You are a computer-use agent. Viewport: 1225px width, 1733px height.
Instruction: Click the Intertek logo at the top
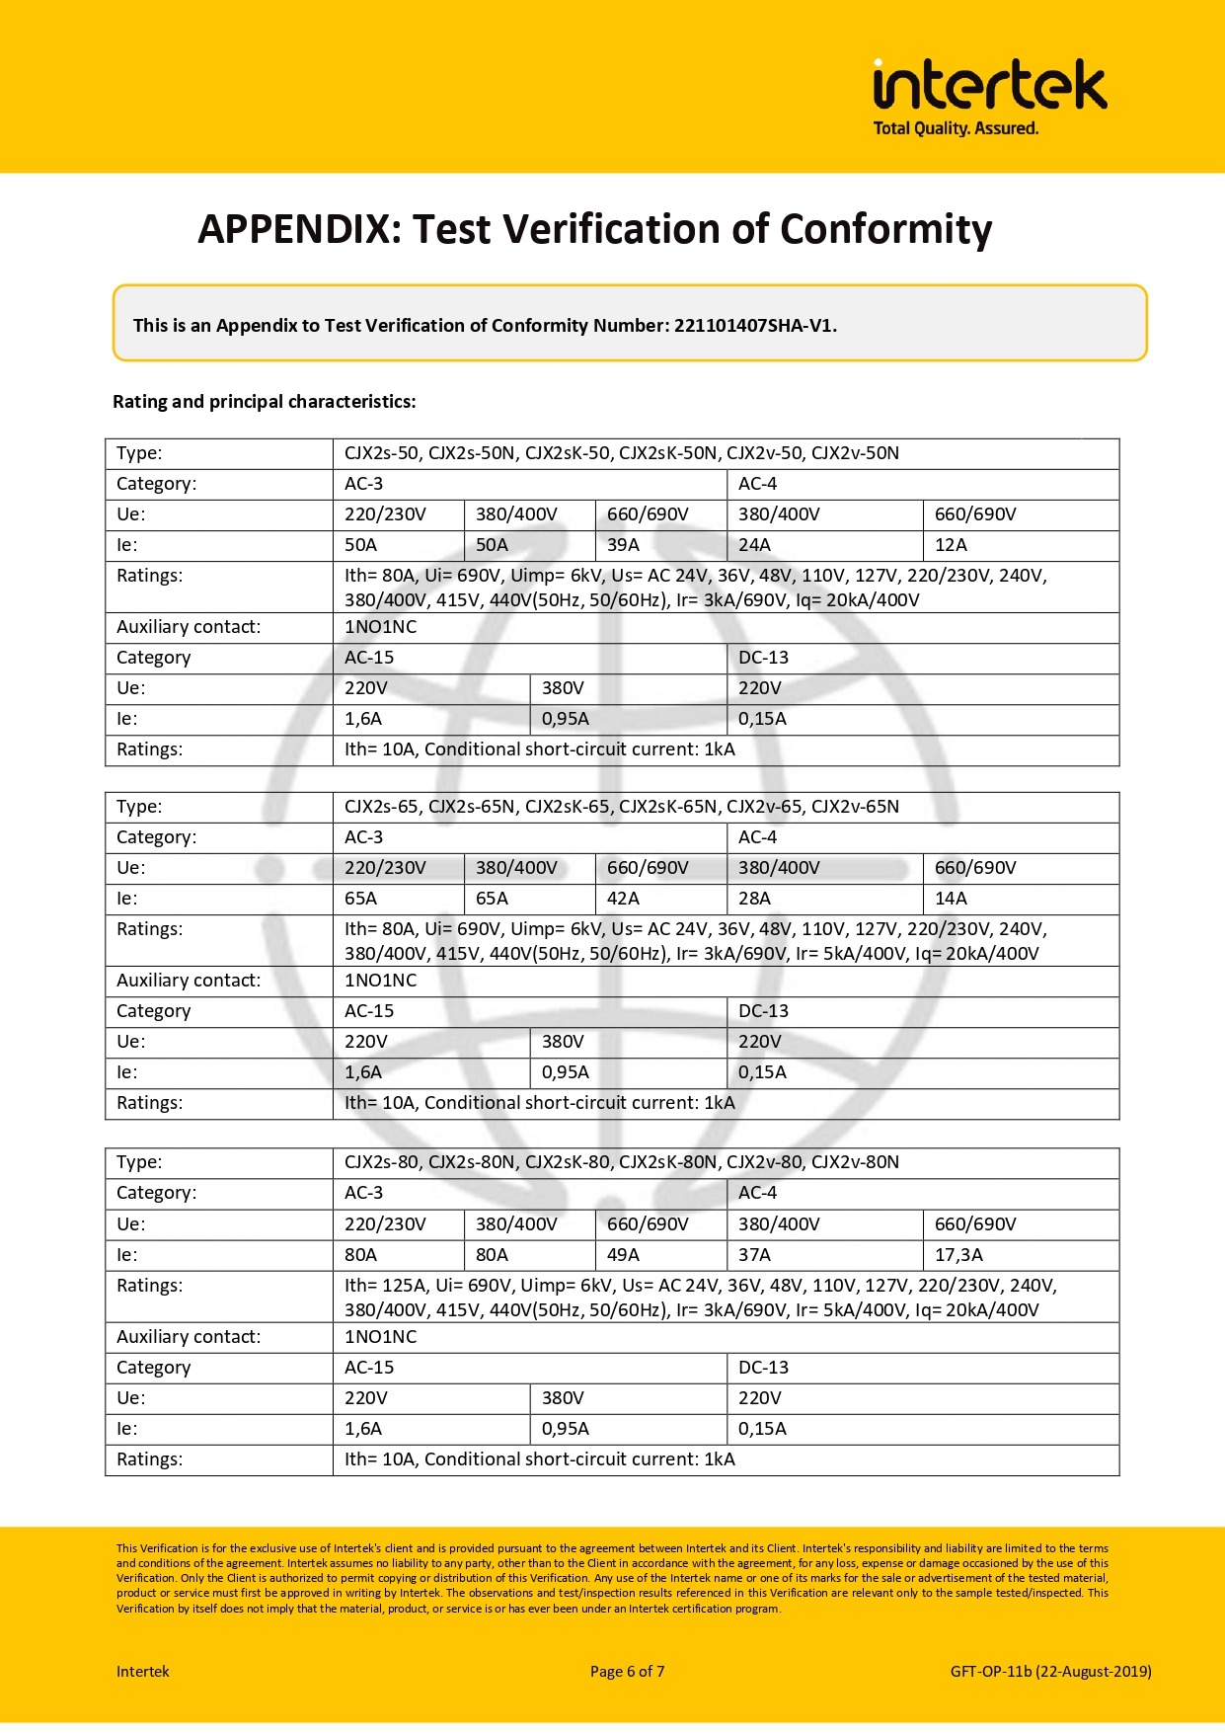[989, 85]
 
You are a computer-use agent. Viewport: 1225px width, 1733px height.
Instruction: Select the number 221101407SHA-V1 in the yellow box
[754, 326]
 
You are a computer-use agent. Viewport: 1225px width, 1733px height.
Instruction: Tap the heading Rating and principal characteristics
[264, 402]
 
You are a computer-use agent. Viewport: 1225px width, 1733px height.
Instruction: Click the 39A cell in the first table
[623, 545]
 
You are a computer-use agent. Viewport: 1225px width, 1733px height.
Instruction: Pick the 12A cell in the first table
[951, 545]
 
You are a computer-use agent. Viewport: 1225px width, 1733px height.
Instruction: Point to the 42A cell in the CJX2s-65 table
[623, 899]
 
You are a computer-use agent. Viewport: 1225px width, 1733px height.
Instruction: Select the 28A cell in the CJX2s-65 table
[754, 899]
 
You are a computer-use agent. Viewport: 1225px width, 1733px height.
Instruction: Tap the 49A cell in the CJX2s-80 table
[623, 1255]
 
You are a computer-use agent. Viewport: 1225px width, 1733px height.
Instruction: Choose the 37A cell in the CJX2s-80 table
[754, 1255]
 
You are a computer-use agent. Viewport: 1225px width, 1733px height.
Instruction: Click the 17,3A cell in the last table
[958, 1255]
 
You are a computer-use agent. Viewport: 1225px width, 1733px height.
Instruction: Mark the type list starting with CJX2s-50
[622, 453]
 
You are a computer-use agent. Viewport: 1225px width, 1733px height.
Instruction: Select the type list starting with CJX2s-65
[622, 807]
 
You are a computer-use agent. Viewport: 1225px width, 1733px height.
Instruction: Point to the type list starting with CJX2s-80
[622, 1162]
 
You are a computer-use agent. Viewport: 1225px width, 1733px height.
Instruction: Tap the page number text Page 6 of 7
[627, 1672]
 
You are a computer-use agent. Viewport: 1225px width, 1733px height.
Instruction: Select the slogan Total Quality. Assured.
[956, 128]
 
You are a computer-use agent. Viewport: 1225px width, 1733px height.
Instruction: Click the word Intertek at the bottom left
[143, 1672]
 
